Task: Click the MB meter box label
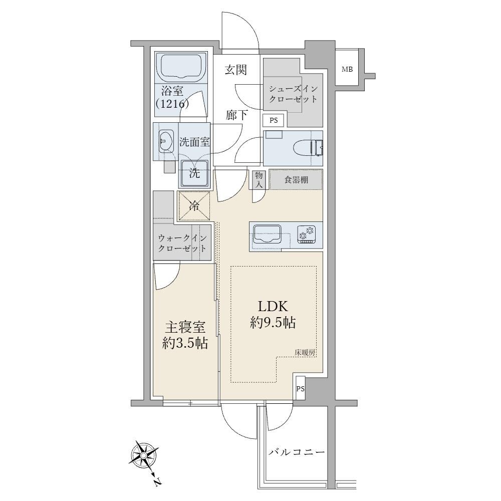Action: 347,69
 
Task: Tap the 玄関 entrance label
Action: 236,70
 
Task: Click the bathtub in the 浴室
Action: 181,68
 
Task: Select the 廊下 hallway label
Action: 236,115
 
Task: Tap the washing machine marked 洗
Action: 194,173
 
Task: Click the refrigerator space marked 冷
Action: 194,206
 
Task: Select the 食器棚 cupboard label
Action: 296,180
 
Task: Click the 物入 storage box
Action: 259,179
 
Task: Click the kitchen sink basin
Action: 268,234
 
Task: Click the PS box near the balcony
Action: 300,389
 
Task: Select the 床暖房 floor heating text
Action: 305,353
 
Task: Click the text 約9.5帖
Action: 273,323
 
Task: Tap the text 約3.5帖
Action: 185,343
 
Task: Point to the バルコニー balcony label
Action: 297,452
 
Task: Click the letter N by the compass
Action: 157,481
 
